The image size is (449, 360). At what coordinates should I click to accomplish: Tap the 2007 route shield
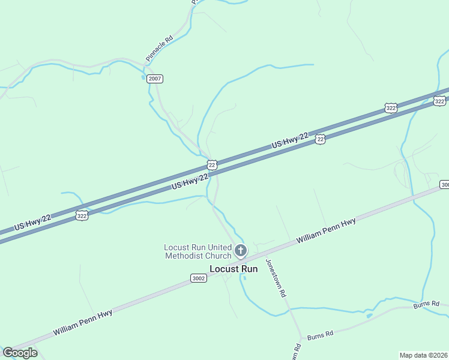pyautogui.click(x=155, y=79)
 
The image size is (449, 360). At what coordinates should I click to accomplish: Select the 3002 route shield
pyautogui.click(x=199, y=278)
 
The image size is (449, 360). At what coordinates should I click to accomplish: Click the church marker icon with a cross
pyautogui.click(x=241, y=250)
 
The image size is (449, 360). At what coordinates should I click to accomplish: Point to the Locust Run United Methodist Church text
pyautogui.click(x=197, y=252)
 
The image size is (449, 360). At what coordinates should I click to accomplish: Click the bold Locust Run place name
pyautogui.click(x=234, y=269)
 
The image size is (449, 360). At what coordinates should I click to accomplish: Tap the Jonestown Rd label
pyautogui.click(x=276, y=280)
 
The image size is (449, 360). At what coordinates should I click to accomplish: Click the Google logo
pyautogui.click(x=20, y=353)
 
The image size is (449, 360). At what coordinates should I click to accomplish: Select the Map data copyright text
pyautogui.click(x=424, y=355)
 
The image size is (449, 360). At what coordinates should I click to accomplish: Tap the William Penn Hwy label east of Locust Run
pyautogui.click(x=326, y=230)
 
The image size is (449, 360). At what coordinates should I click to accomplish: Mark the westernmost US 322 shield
pyautogui.click(x=82, y=215)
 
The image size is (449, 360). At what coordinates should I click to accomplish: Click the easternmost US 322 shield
pyautogui.click(x=440, y=101)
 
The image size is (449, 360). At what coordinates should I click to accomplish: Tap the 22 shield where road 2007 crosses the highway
pyautogui.click(x=212, y=164)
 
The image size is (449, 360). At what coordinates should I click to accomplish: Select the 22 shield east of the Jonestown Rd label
pyautogui.click(x=321, y=139)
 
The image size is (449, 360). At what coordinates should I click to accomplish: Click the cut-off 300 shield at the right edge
pyautogui.click(x=444, y=184)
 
